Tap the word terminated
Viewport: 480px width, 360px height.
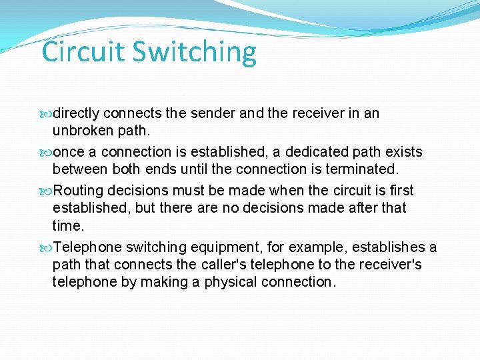pyautogui.click(x=362, y=170)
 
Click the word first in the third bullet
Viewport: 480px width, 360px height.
pyautogui.click(x=399, y=191)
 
